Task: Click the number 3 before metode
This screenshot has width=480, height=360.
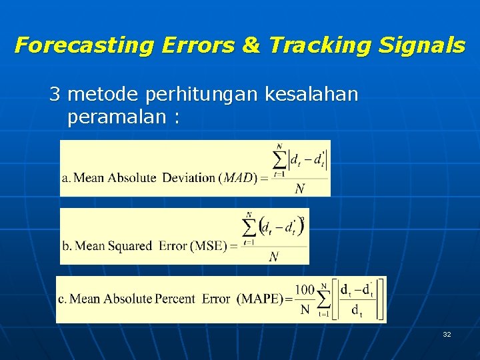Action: click(x=55, y=95)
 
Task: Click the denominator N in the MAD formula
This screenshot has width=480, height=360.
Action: click(x=300, y=189)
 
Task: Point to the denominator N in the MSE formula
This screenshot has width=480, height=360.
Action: click(x=273, y=257)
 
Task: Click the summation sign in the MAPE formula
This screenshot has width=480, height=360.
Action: click(x=325, y=298)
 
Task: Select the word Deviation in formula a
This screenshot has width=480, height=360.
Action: click(x=189, y=177)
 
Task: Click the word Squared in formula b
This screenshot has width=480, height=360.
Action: click(x=127, y=246)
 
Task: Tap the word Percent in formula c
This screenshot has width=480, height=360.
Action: click(x=175, y=299)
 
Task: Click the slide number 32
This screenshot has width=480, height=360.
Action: click(x=446, y=334)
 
